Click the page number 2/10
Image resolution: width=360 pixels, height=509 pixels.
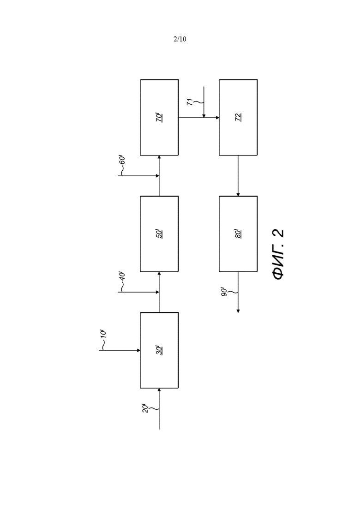pos(180,39)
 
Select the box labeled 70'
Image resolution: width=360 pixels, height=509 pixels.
pos(159,118)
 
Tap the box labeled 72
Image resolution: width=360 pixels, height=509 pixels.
pos(238,118)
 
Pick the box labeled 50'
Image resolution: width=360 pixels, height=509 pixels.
pos(159,234)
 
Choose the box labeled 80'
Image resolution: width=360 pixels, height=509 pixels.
pos(238,234)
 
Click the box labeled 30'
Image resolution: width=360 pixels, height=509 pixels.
pos(159,350)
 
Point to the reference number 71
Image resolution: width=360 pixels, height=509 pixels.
pos(190,102)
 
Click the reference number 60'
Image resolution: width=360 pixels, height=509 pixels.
pos(122,161)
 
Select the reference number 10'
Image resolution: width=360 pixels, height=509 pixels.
pos(103,335)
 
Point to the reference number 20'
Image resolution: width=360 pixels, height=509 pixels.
pos(145,408)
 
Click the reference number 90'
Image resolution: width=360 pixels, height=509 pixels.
pos(224,292)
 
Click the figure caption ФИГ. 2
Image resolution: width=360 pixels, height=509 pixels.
pos(278,255)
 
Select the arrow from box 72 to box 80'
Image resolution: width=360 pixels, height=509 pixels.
pos(238,176)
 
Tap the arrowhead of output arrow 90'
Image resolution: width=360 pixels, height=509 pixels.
pos(238,311)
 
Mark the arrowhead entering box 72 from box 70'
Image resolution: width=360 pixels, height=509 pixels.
pos(217,118)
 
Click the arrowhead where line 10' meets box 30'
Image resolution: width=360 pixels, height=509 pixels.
pos(138,350)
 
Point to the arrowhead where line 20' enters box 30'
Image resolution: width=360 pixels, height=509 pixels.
pos(159,390)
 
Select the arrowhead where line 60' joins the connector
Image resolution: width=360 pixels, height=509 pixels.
pos(157,176)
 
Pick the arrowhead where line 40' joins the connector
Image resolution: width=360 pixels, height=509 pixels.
pos(157,292)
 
